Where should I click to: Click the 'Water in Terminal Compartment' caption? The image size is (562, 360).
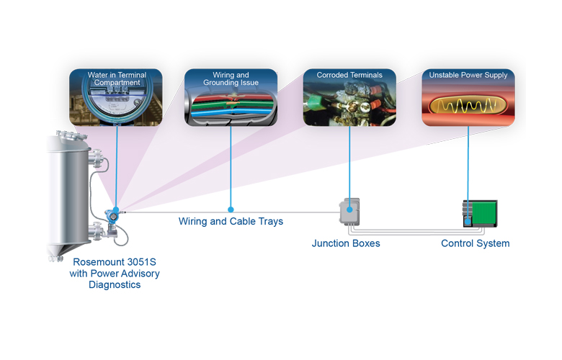[116, 79]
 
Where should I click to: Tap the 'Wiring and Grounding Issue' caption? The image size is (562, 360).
[231, 79]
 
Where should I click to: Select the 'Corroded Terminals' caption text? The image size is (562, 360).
[349, 75]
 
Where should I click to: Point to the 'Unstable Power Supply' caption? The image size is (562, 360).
[468, 75]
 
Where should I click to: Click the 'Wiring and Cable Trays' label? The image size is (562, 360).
[231, 222]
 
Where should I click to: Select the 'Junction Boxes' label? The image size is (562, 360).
[346, 243]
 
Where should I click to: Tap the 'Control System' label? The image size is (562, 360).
[475, 243]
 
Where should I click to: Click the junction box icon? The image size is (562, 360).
[349, 214]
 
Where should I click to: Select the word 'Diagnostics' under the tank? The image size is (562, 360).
[115, 284]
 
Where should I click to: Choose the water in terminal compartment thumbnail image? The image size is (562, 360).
[116, 104]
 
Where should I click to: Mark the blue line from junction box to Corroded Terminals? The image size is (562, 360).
[349, 162]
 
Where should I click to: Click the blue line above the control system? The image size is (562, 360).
[468, 162]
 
